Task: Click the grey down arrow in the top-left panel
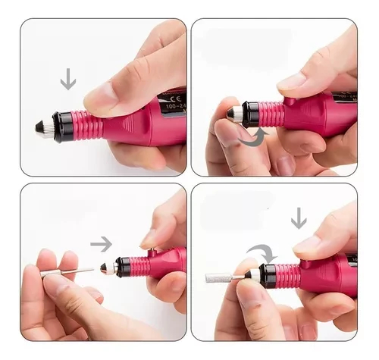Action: tap(67, 79)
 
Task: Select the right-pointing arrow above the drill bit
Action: tap(101, 243)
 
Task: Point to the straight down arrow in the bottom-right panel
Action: tap(299, 218)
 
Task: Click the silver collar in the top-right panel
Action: tap(235, 114)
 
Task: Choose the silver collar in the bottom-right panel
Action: tap(251, 277)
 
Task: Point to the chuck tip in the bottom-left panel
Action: tap(108, 268)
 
